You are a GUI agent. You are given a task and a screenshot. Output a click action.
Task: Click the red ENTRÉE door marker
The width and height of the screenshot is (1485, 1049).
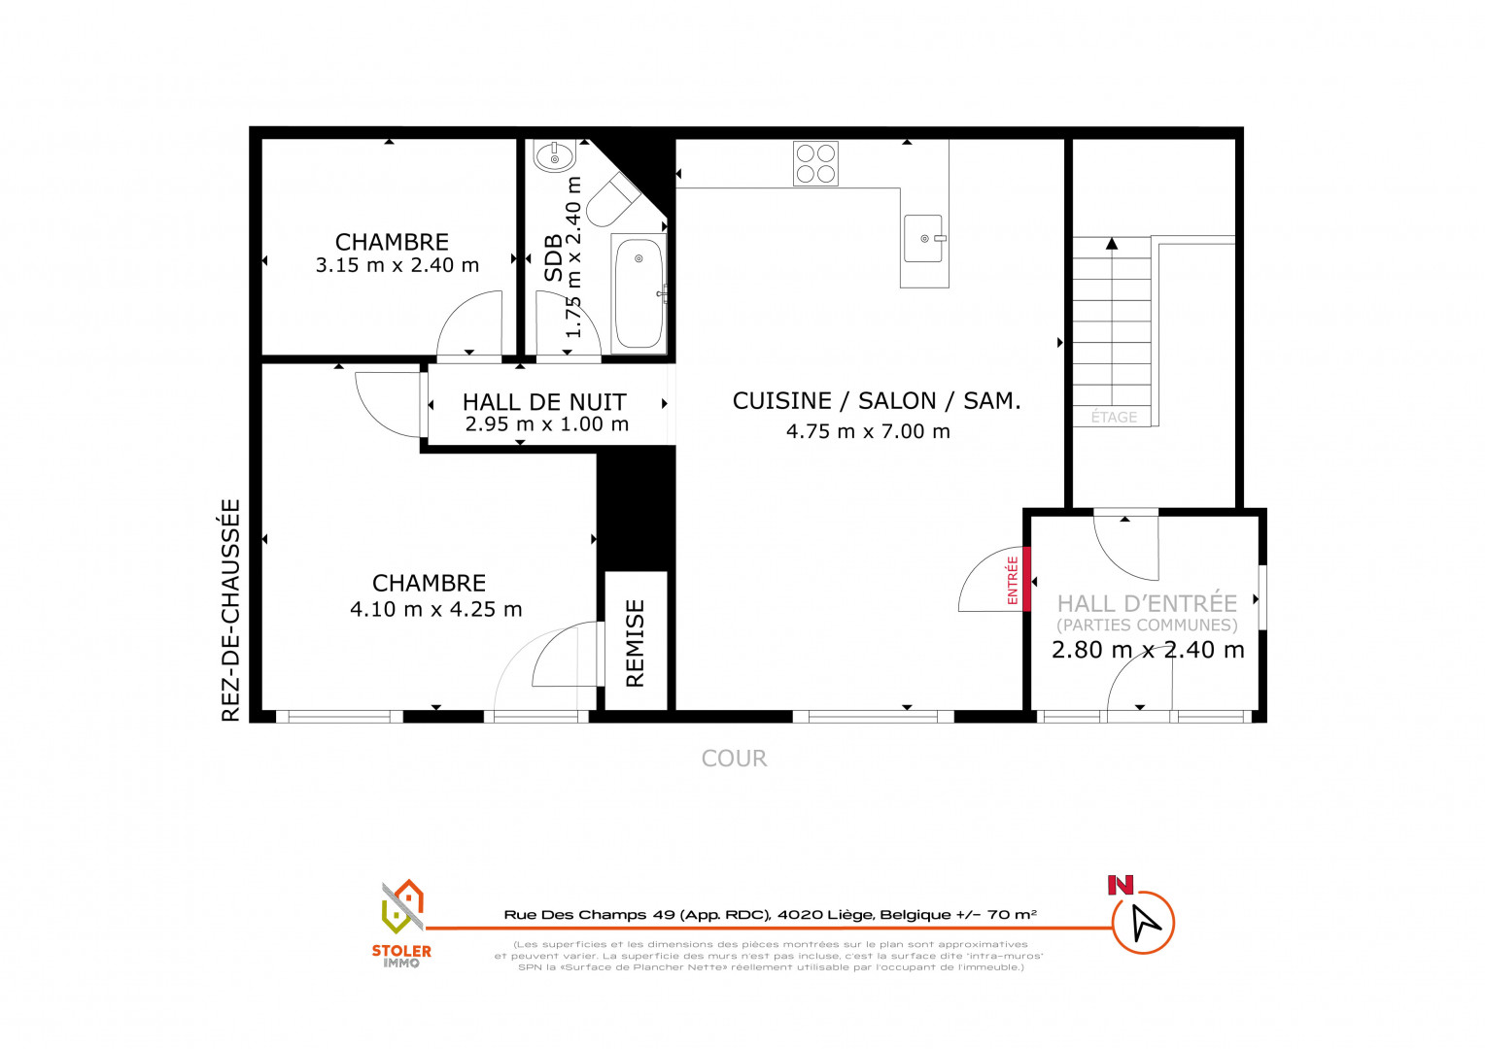tap(1027, 579)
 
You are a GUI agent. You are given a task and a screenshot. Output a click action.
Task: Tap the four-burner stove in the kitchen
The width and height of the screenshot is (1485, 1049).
tap(815, 163)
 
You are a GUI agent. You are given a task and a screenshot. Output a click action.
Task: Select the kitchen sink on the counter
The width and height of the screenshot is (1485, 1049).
tap(923, 239)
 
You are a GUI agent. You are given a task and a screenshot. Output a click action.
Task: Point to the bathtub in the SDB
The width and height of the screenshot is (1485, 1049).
tap(639, 293)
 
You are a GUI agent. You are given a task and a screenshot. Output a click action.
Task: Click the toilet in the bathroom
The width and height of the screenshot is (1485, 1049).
tap(614, 199)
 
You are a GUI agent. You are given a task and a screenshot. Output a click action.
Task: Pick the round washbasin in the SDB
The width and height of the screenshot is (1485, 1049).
tap(555, 156)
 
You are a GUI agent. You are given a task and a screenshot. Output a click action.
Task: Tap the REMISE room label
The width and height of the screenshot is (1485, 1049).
tap(635, 643)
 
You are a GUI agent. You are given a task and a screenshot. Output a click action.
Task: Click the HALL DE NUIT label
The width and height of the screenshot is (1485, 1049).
tap(544, 402)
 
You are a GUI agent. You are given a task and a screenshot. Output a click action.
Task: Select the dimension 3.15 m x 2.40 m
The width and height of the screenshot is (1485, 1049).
tap(397, 265)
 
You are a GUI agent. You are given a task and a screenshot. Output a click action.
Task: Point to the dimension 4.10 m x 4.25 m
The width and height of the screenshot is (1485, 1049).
tap(436, 609)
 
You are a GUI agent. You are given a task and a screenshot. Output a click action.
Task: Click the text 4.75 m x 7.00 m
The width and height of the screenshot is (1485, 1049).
tap(869, 431)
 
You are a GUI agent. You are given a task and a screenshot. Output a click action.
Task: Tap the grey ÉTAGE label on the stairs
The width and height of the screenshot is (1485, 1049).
tap(1114, 417)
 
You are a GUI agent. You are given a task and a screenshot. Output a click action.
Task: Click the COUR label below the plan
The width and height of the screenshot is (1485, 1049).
tap(734, 758)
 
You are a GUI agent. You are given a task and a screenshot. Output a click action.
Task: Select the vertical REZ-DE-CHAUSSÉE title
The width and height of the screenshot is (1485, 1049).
tap(230, 610)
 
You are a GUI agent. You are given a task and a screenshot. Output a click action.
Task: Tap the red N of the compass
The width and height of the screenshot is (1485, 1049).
tap(1121, 885)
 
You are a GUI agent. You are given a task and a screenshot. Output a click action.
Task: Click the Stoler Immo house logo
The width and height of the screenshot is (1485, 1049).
tap(402, 906)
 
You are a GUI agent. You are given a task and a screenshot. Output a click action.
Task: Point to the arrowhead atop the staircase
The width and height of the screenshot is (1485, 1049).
tap(1112, 243)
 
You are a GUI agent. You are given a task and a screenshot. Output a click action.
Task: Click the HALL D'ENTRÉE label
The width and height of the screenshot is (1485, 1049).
tap(1147, 603)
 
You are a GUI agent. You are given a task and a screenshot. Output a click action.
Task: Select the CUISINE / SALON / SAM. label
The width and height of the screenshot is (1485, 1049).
tap(877, 400)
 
